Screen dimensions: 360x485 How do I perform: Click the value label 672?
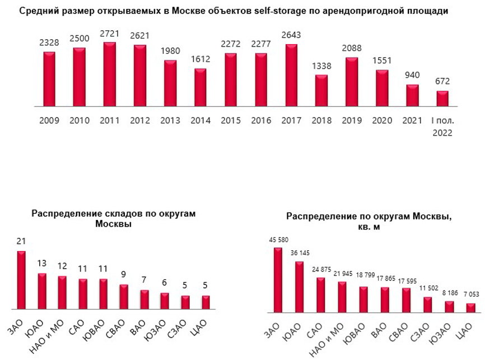click(x=442, y=82)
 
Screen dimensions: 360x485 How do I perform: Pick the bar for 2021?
click(x=412, y=95)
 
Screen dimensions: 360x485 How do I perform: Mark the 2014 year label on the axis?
click(x=200, y=121)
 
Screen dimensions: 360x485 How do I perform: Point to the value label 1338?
click(x=321, y=66)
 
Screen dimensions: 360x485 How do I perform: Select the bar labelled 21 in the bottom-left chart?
click(x=21, y=279)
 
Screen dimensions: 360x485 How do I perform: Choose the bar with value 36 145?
click(x=299, y=287)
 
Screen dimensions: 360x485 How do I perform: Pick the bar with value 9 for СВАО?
click(x=124, y=297)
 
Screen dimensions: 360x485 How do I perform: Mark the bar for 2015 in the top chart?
click(x=231, y=80)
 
